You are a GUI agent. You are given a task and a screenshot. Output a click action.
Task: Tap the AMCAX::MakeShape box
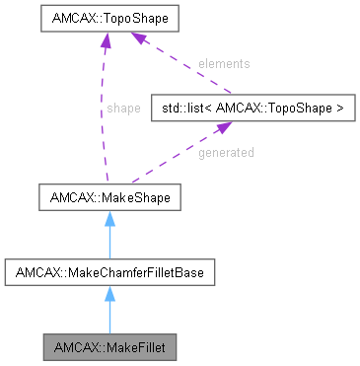[108, 198]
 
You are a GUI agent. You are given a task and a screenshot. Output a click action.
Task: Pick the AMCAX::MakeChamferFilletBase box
[108, 269]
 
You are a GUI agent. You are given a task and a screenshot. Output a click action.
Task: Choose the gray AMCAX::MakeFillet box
[108, 348]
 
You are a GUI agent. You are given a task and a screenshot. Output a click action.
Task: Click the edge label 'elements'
[224, 64]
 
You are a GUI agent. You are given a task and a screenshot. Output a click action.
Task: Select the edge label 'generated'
[226, 153]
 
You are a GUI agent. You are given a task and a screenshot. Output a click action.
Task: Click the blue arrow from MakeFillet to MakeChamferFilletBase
[108, 314]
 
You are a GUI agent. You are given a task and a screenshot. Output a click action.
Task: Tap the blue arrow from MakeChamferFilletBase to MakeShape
[108, 238]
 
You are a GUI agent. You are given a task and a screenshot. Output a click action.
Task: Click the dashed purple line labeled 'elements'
[187, 70]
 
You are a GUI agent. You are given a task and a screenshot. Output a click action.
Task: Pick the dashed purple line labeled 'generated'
[187, 156]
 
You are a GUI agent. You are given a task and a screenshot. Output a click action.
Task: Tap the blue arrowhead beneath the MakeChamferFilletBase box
[108, 292]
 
